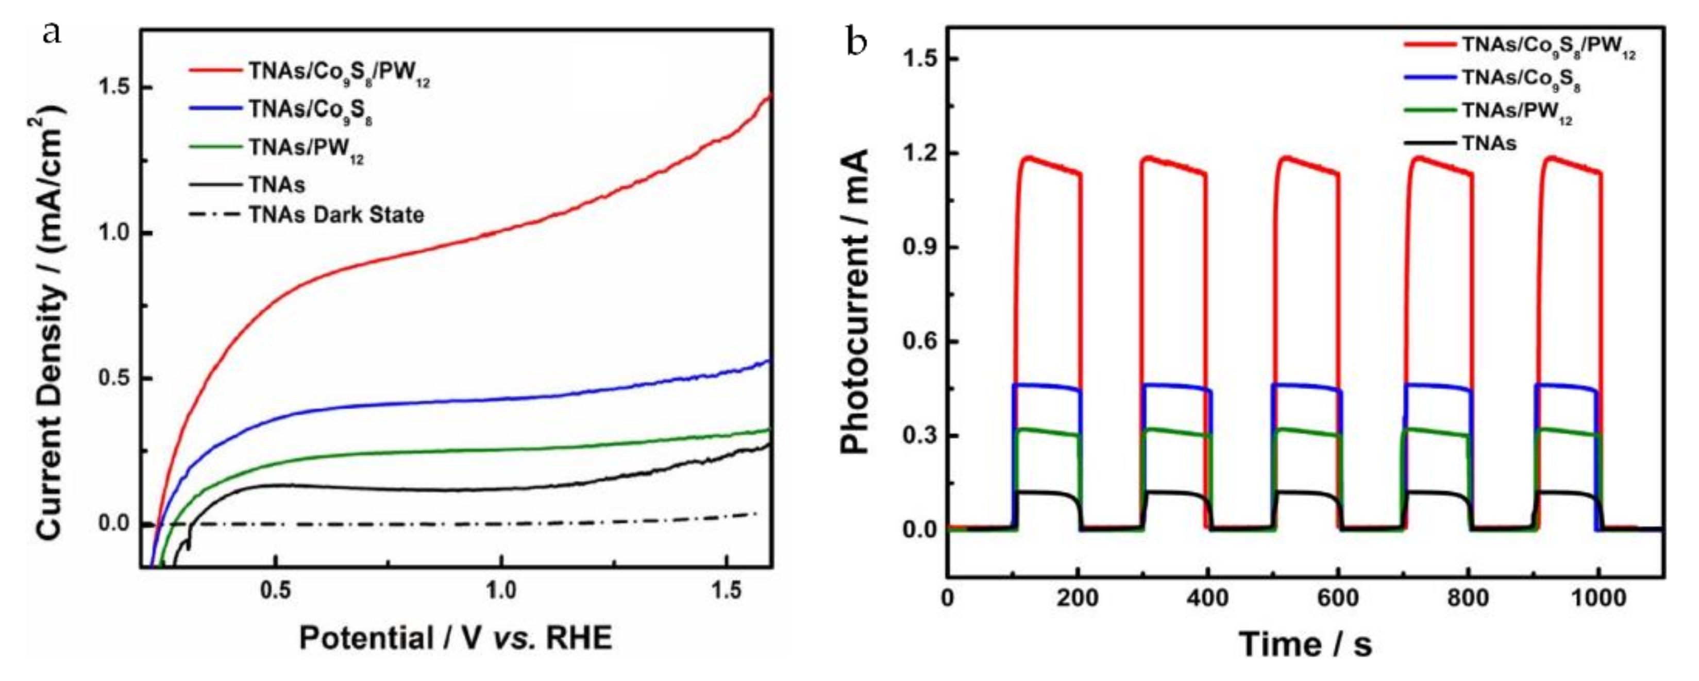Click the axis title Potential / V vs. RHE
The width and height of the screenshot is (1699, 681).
click(456, 638)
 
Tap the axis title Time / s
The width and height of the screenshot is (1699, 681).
click(1305, 644)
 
